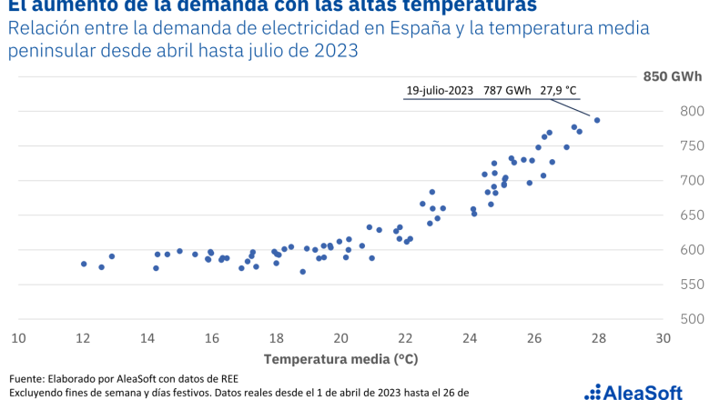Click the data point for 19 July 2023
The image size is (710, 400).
click(597, 120)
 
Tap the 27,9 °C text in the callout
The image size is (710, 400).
click(559, 90)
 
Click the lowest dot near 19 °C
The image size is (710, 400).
click(302, 271)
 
